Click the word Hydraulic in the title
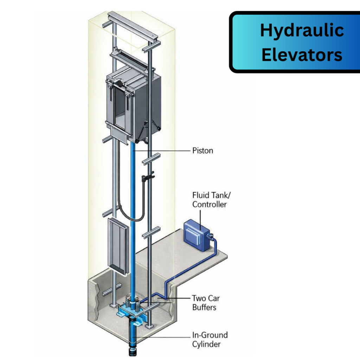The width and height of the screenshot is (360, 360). (x=302, y=31)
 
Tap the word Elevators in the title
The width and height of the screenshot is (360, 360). (x=302, y=55)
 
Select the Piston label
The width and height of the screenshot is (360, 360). (x=202, y=151)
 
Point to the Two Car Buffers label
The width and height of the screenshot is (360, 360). (x=205, y=303)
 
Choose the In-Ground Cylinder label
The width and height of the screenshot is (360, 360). (x=210, y=339)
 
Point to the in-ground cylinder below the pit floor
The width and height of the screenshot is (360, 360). (x=133, y=337)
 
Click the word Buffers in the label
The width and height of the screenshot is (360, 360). (x=204, y=307)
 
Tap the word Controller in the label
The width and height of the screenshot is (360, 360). (x=210, y=204)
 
